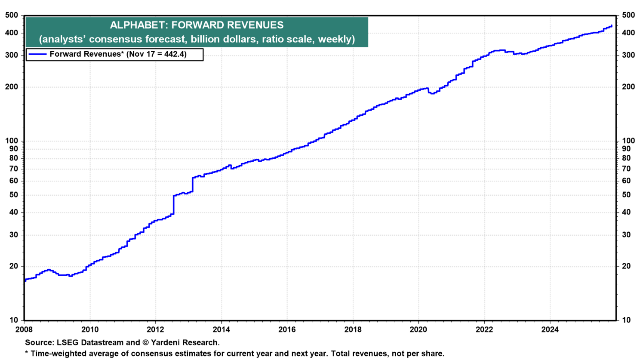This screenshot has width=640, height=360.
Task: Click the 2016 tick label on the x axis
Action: [287, 329]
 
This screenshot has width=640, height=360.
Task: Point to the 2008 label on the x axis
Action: [24, 329]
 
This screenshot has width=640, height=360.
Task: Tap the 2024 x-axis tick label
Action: [550, 329]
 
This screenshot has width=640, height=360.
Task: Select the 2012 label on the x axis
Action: [155, 329]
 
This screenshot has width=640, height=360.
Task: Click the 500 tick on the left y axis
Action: [12, 15]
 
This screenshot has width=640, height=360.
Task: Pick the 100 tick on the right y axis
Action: [628, 141]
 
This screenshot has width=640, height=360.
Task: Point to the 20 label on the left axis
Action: [14, 266]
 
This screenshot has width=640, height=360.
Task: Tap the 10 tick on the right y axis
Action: [627, 320]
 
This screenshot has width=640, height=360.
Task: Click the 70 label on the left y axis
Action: [14, 169]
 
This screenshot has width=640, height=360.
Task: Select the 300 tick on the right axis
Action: [628, 55]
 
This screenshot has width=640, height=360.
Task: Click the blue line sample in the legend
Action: [37, 54]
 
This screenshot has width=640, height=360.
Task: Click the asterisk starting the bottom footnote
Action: [27, 353]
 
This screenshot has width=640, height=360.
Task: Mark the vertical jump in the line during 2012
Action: [173, 205]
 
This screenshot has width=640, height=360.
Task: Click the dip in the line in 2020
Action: [432, 93]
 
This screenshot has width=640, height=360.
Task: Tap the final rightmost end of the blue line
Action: [612, 25]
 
